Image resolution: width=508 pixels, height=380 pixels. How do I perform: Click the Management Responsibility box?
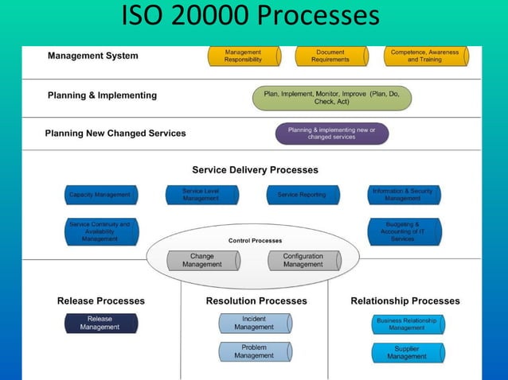(x=244, y=56)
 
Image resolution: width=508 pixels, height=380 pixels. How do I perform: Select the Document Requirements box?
(x=330, y=56)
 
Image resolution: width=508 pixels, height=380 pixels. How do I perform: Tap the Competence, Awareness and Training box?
(x=424, y=56)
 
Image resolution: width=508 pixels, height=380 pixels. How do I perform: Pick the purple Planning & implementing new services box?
(x=332, y=134)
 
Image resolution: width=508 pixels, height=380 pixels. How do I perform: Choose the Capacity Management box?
(x=100, y=195)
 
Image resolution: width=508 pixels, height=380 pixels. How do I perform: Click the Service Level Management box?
(x=201, y=195)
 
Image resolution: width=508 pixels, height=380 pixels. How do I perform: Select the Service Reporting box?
(x=302, y=195)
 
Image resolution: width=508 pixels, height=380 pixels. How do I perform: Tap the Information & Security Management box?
(x=403, y=195)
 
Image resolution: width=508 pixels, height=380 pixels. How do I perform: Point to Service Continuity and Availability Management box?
(x=100, y=231)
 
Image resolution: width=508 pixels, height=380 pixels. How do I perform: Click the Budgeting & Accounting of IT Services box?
(x=403, y=231)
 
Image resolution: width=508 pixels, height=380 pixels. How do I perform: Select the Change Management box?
(x=202, y=261)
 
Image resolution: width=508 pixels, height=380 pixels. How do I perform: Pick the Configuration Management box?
(x=303, y=261)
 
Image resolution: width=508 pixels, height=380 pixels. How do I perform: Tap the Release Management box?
(x=100, y=323)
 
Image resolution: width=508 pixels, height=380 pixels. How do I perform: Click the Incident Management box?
(x=255, y=323)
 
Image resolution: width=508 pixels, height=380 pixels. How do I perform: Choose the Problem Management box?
(x=255, y=351)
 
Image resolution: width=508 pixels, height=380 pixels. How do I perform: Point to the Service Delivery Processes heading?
(x=255, y=170)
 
